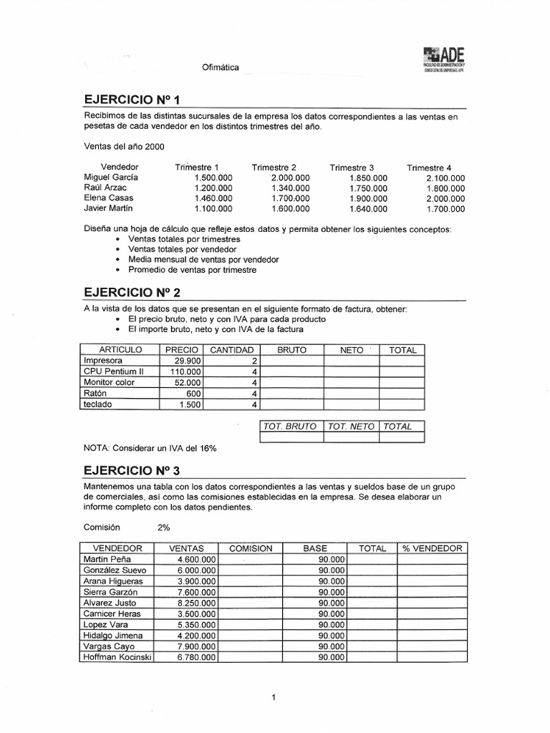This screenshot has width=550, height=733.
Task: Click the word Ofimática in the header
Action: click(x=221, y=68)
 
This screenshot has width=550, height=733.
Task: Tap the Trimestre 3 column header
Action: click(x=352, y=168)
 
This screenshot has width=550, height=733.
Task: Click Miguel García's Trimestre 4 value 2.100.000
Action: click(x=445, y=178)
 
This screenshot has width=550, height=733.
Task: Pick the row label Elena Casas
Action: click(x=108, y=198)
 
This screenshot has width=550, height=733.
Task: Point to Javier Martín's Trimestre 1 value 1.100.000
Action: click(x=213, y=209)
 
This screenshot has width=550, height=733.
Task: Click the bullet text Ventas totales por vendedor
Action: click(x=180, y=249)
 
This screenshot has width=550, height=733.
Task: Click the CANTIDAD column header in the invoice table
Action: click(x=231, y=350)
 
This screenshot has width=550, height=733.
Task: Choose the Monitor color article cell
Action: click(x=109, y=383)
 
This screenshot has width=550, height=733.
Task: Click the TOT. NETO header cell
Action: click(x=351, y=427)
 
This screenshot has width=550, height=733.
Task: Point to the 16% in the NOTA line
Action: click(x=207, y=448)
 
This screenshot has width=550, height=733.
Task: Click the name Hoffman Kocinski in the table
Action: click(x=117, y=656)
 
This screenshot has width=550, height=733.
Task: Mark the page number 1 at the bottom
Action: click(x=274, y=697)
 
